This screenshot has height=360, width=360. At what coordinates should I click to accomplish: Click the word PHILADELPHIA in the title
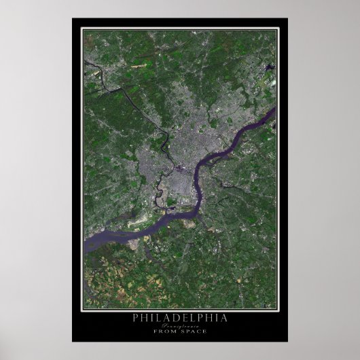(x=180, y=317)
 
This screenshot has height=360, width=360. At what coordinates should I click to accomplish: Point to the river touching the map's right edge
(x=272, y=112)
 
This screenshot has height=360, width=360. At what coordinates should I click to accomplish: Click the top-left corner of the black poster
(x=72, y=18)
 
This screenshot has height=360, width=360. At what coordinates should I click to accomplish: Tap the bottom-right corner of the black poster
(x=287, y=341)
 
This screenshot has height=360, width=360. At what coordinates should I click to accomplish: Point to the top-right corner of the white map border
(x=278, y=28)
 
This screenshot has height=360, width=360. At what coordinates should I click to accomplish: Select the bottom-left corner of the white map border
(x=82, y=310)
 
